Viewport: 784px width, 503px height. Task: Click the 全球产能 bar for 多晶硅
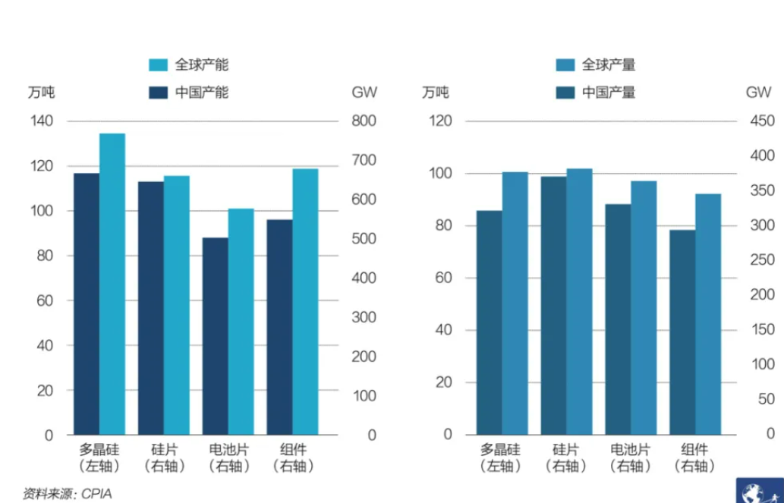point(112,284)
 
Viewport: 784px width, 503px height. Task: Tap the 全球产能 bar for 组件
point(305,301)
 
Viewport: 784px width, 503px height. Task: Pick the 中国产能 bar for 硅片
point(150,307)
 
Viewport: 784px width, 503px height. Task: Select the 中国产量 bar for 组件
point(682,332)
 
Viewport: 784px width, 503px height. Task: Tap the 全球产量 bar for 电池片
point(644,307)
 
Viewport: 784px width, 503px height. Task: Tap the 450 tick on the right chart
point(762,121)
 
